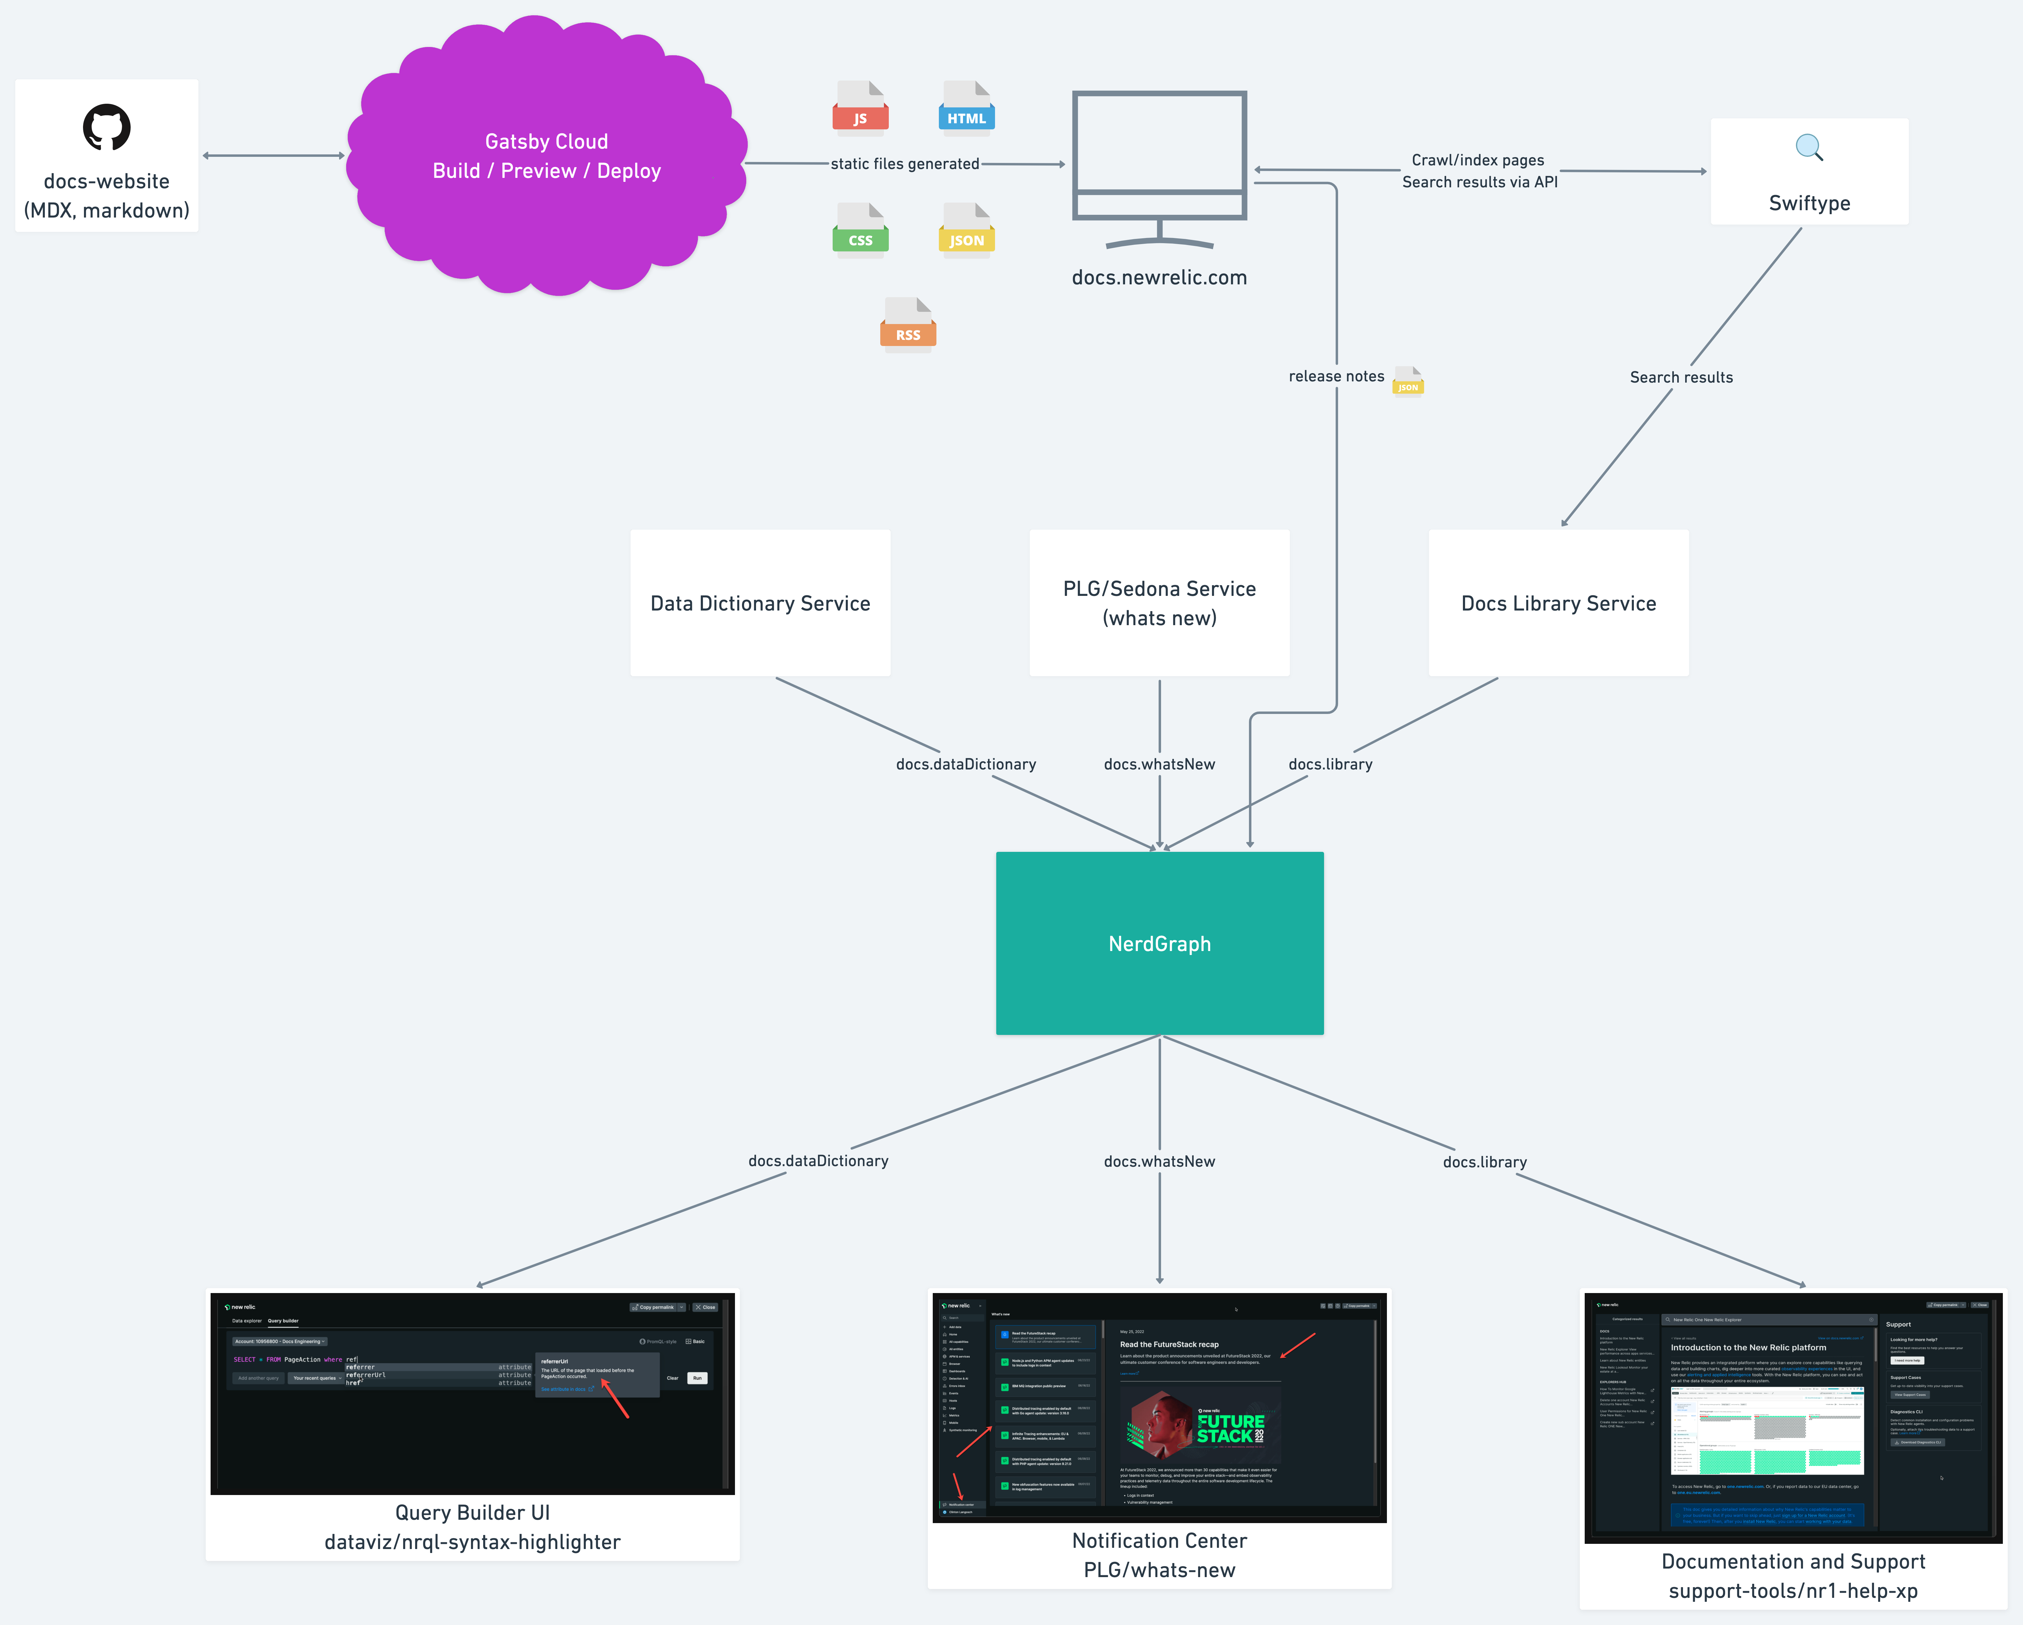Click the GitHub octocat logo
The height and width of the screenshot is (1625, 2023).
coord(106,127)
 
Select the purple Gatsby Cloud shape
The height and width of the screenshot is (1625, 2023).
coord(546,156)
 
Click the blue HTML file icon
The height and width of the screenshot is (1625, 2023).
coord(966,107)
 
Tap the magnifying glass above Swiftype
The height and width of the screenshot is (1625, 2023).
coord(1808,147)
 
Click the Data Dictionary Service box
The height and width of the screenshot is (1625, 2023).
coord(760,602)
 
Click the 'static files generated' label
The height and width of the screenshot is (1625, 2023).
coord(905,163)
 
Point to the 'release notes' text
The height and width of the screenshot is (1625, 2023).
coord(1336,376)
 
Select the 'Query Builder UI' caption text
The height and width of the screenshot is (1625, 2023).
coord(472,1512)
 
